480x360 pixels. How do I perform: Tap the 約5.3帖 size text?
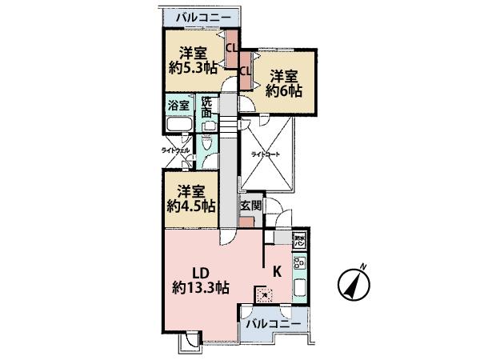click(194, 68)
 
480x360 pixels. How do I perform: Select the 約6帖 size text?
click(284, 92)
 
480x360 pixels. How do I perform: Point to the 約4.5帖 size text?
click(191, 206)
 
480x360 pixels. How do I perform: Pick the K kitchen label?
click(276, 270)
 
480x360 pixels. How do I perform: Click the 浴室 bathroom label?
click(178, 104)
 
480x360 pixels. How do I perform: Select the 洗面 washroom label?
click(207, 108)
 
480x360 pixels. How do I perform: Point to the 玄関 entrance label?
click(250, 205)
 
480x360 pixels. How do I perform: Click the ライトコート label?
click(266, 154)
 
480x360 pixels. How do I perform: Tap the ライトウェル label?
click(175, 150)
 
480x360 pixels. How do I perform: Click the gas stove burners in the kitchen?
click(300, 262)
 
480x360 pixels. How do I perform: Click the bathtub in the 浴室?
click(178, 126)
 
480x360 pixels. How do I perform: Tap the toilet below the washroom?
click(206, 146)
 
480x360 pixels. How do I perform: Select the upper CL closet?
click(231, 47)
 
